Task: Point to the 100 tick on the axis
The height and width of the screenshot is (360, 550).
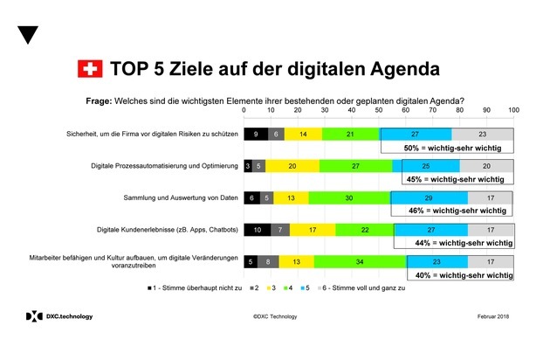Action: [x=513, y=111]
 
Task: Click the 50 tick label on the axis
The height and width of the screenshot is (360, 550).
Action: [x=378, y=111]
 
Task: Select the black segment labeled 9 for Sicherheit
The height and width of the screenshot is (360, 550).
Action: [x=255, y=134]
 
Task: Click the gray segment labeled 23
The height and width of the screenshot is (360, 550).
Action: [x=483, y=134]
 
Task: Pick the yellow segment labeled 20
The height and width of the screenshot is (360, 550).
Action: [x=292, y=166]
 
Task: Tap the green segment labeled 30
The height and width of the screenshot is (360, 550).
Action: [x=349, y=198]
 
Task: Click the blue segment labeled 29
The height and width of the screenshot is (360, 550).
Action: [x=429, y=198]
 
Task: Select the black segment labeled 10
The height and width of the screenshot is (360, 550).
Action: [x=257, y=230]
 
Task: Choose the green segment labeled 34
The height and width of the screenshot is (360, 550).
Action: [x=361, y=261]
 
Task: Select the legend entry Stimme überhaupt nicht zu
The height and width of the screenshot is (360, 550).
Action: [x=194, y=287]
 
